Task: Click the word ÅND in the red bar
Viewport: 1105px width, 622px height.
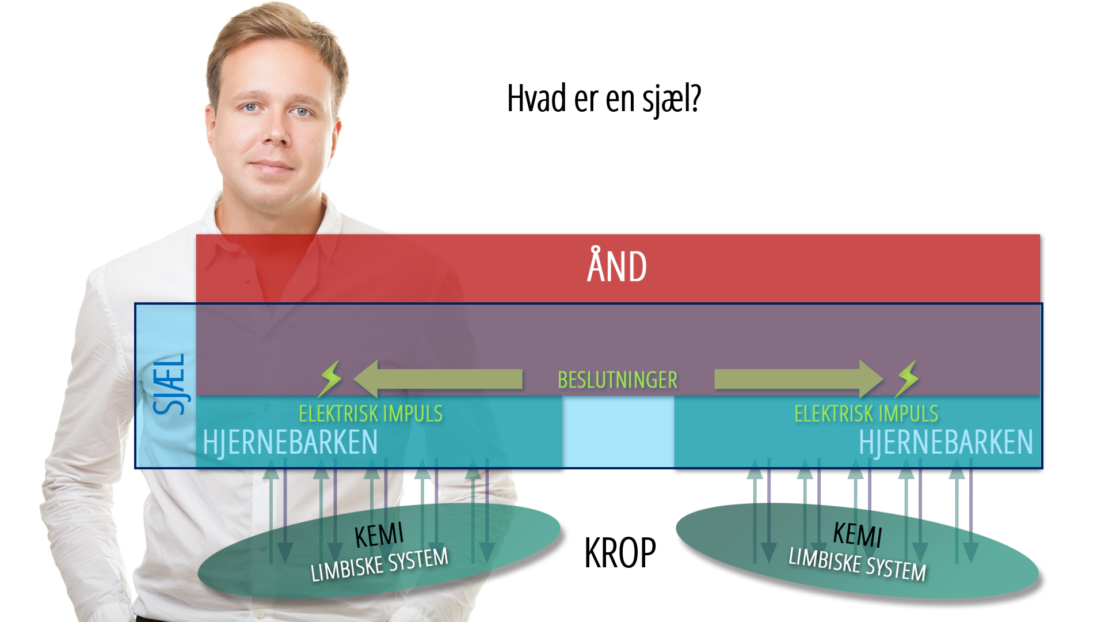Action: pos(617,265)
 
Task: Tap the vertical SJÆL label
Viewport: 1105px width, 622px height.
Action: pos(169,384)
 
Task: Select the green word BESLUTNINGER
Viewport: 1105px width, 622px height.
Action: pos(618,380)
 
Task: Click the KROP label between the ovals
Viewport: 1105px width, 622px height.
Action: pos(620,553)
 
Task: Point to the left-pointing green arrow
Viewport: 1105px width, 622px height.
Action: pos(438,379)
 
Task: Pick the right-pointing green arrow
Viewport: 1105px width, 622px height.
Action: pos(799,379)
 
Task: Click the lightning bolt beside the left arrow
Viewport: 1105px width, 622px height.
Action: pos(330,378)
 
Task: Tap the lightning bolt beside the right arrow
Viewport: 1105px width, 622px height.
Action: pos(908,378)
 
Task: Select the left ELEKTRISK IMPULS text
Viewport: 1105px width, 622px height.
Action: pos(371,414)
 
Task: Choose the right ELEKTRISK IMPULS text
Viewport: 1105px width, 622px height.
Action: pos(866,414)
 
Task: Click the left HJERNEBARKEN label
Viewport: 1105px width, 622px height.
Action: pos(290,442)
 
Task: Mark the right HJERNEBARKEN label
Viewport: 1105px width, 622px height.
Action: pos(946,442)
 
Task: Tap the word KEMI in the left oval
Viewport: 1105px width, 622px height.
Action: pos(379,536)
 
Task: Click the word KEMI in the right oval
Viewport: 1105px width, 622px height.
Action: pos(858,534)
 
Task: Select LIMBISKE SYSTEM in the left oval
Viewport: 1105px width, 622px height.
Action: pos(379,564)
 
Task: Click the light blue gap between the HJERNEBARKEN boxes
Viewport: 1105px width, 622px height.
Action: pos(618,432)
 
